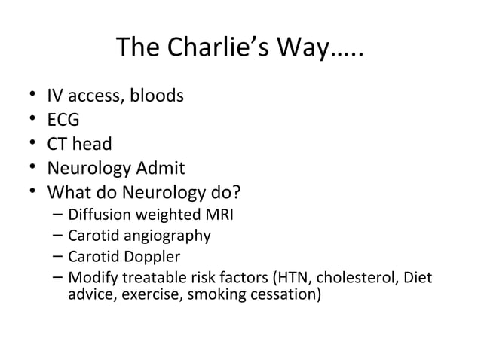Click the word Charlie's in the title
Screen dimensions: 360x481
tap(219, 50)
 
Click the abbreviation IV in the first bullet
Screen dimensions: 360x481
tap(55, 96)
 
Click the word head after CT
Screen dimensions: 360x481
tap(93, 143)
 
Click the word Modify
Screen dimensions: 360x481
tap(91, 278)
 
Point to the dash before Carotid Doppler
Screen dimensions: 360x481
tap(58, 257)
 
